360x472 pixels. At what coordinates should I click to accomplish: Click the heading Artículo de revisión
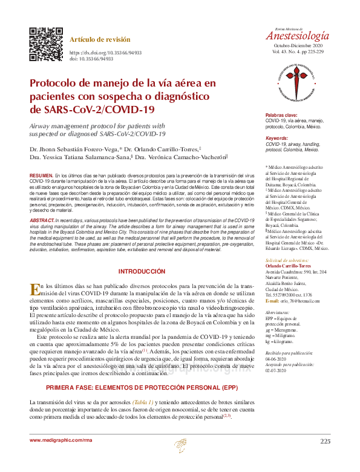(100, 39)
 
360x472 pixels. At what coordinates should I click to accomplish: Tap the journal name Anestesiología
(298, 35)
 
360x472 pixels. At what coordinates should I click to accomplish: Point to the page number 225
(325, 441)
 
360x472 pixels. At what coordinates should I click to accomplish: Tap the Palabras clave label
(282, 115)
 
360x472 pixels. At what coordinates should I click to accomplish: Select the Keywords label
(278, 139)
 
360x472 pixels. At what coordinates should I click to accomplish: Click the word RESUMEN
(41, 175)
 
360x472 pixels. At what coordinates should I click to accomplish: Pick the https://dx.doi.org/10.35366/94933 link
(106, 53)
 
